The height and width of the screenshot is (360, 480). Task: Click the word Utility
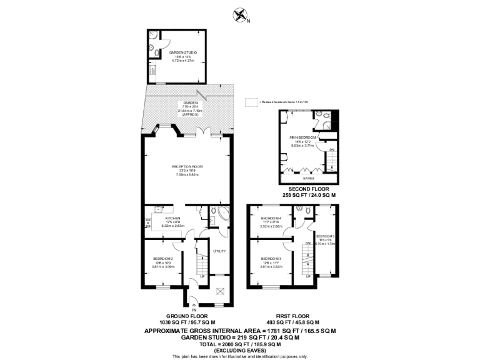tap(218, 251)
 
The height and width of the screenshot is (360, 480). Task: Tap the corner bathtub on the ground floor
tap(220, 216)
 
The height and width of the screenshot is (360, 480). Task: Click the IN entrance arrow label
tap(194, 310)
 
